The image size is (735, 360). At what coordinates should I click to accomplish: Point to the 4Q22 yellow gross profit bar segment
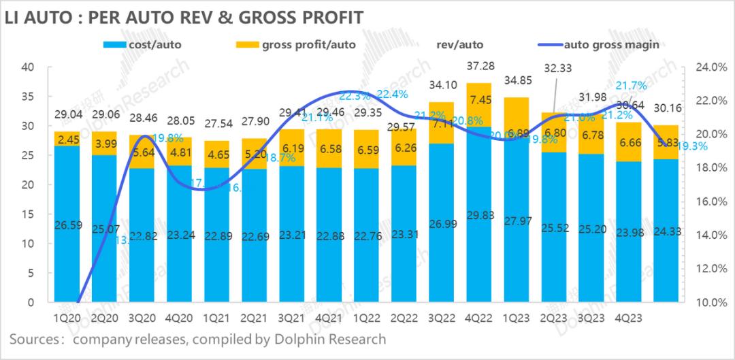(x=480, y=105)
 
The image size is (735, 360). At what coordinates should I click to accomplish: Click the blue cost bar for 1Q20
(x=67, y=225)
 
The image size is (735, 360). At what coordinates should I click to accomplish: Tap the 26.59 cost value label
(x=67, y=225)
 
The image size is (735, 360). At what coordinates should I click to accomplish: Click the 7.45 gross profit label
(x=480, y=101)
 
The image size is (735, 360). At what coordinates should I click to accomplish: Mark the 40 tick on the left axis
(x=28, y=67)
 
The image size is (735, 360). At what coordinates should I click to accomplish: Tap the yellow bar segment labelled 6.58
(x=329, y=149)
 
